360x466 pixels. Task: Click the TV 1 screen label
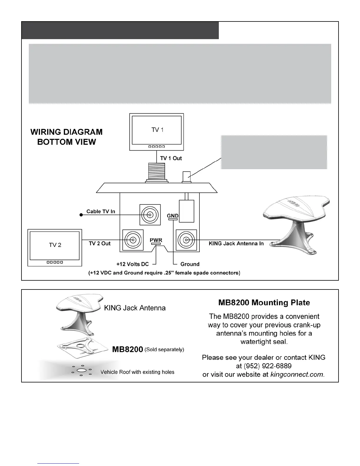click(x=157, y=130)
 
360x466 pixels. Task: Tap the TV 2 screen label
click(x=55, y=245)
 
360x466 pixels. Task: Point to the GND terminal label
click(x=173, y=216)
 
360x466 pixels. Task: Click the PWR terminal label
click(x=156, y=240)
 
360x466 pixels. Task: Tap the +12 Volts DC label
click(x=133, y=264)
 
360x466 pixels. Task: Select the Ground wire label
click(x=190, y=264)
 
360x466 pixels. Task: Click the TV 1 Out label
click(x=171, y=158)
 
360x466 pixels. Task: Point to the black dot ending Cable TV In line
click(x=81, y=215)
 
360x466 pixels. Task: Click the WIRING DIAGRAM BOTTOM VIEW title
click(x=66, y=137)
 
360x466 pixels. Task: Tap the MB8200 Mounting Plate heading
click(x=264, y=302)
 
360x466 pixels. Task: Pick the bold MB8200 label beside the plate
click(x=128, y=349)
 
